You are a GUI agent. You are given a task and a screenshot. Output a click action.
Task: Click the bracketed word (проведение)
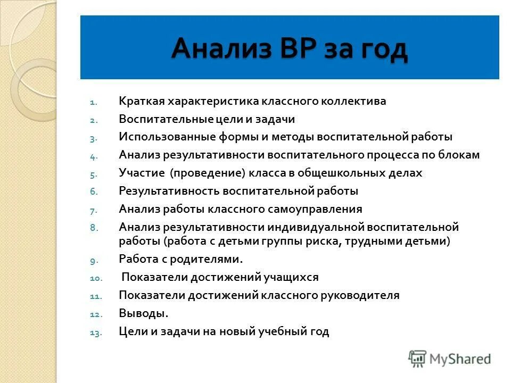205,173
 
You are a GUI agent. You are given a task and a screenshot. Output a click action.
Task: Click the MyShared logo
449,359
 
